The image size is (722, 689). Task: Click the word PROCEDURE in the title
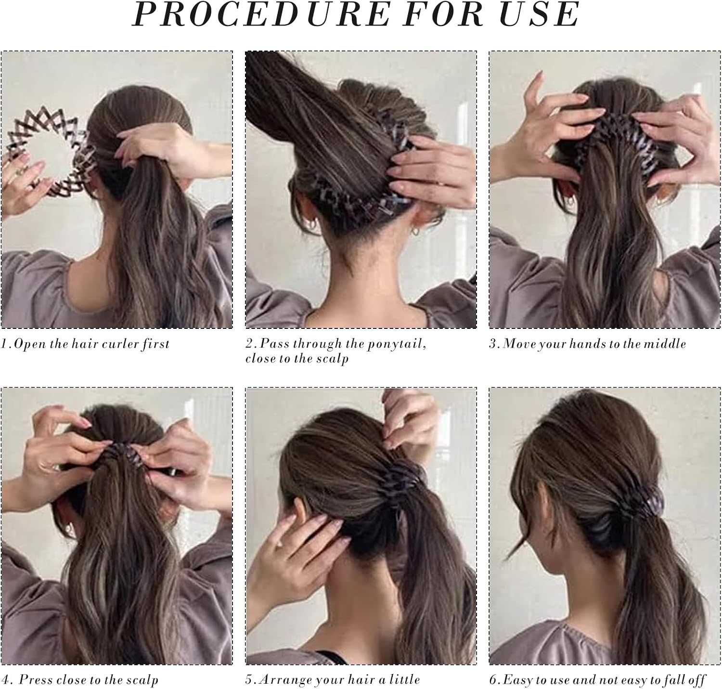click(x=261, y=14)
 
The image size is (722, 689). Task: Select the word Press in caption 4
click(x=36, y=679)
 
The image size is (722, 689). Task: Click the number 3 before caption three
click(x=492, y=344)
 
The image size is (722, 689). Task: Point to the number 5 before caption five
click(x=249, y=679)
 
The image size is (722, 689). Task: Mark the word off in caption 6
click(x=696, y=679)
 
